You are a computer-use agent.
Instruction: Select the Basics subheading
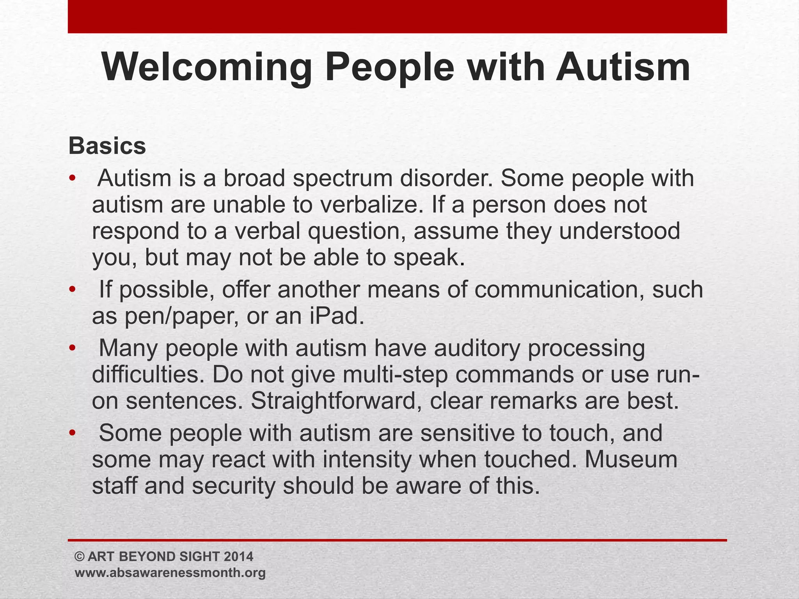107,146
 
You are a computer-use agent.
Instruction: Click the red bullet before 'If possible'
72,290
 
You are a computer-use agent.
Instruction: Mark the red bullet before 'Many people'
72,348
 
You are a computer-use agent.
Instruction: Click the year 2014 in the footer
238,556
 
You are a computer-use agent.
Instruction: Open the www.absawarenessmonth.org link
170,573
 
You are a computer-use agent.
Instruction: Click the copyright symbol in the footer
79,556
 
